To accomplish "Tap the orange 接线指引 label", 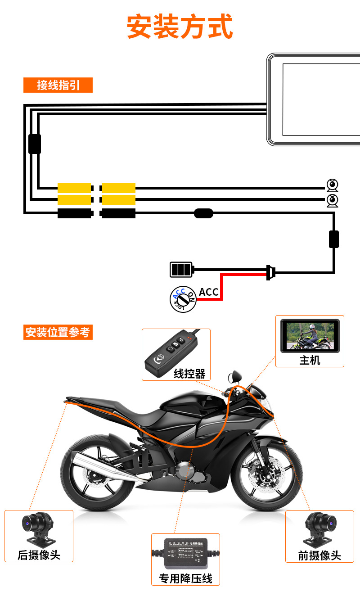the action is (x=58, y=85).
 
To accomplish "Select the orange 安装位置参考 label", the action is (x=58, y=333).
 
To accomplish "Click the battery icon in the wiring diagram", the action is (x=181, y=270).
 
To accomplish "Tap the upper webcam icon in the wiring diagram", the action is (x=332, y=185).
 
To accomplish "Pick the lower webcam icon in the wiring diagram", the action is (x=332, y=200).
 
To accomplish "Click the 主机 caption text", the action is (x=310, y=360).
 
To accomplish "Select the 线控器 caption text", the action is (x=189, y=374).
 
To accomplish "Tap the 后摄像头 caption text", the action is (x=39, y=555).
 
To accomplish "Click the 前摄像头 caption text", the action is (x=319, y=555).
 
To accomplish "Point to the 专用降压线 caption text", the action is (x=185, y=578).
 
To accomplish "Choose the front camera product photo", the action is (x=320, y=528).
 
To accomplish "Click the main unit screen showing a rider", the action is (x=310, y=336).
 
